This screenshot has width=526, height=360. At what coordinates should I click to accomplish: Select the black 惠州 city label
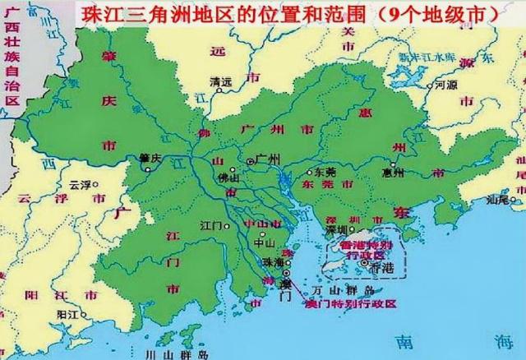coord(394,173)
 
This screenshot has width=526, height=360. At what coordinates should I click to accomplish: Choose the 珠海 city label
coord(270,261)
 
